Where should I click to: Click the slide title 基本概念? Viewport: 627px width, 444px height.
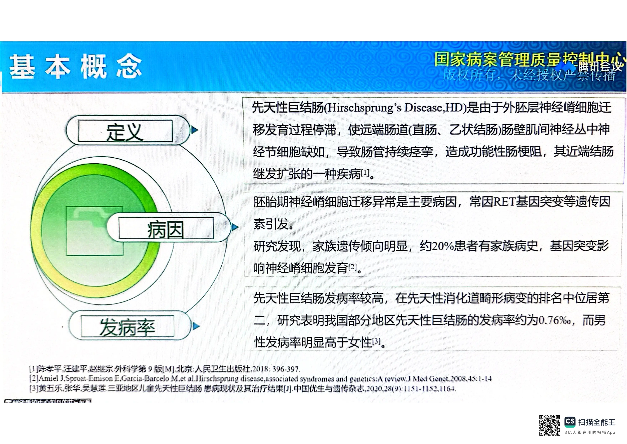[76, 66]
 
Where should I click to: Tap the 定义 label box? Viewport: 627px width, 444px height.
[125, 131]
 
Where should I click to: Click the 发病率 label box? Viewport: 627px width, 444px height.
[128, 326]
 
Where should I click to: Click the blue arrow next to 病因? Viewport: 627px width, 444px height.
[235, 227]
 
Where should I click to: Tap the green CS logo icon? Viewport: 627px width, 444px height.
[570, 422]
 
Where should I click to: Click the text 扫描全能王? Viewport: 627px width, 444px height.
[597, 422]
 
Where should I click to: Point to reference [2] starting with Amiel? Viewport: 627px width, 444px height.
[259, 379]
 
